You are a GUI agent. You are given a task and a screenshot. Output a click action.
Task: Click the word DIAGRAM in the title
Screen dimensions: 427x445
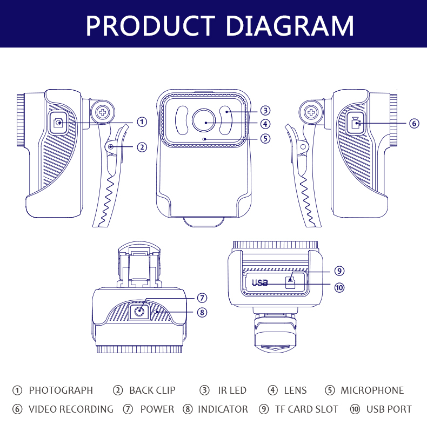pos(290,25)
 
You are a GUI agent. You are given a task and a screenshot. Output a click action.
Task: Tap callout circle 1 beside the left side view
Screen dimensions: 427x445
pos(142,122)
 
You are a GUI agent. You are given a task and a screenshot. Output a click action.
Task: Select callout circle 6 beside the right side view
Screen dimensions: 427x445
pos(414,124)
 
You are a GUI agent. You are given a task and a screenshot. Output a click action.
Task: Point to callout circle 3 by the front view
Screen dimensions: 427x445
pos(265,110)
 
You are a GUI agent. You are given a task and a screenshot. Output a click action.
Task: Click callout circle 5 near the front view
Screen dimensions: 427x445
pos(265,138)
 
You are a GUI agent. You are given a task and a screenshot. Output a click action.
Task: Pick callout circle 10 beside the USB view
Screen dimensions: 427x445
pos(339,287)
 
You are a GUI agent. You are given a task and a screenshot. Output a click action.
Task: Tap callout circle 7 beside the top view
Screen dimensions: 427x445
pos(202,298)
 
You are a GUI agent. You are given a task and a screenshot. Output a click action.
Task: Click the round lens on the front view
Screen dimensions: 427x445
pos(204,120)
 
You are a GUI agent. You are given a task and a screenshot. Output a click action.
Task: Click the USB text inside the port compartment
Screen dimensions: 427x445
pos(259,282)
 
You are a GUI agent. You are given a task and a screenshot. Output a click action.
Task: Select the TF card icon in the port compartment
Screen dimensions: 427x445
pos(290,282)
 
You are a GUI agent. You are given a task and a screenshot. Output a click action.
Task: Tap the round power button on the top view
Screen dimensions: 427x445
pos(139,311)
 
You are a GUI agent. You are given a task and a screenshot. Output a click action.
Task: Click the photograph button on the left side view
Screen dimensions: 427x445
pos(58,123)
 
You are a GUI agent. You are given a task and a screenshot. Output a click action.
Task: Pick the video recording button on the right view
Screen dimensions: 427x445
pos(356,123)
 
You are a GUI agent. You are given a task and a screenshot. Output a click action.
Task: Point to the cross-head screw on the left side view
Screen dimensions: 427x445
pos(103,112)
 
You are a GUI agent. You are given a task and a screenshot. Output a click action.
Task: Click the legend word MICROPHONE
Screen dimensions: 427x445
pos(372,390)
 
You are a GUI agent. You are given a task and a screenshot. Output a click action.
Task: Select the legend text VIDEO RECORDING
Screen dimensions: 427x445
pos(71,409)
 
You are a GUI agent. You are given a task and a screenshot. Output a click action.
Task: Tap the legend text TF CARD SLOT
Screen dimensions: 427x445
pos(306,409)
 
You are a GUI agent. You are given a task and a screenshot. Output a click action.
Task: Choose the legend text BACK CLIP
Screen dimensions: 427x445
pos(152,390)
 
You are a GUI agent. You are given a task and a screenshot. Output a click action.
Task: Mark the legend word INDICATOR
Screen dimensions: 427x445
pos(223,409)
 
